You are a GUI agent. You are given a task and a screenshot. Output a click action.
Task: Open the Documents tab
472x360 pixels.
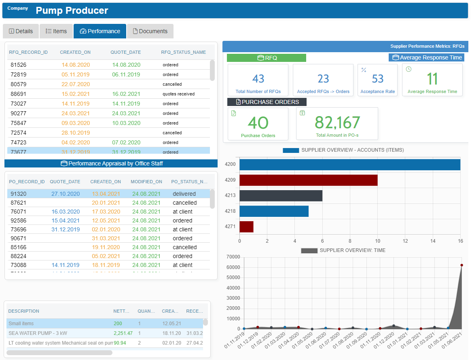pyautogui.click(x=150, y=31)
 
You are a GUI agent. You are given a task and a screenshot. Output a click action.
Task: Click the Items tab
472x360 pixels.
pyautogui.click(x=56, y=31)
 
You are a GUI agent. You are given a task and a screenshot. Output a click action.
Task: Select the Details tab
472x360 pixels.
pyautogui.click(x=21, y=31)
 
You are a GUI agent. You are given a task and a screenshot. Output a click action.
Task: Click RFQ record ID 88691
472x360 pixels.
pyautogui.click(x=19, y=94)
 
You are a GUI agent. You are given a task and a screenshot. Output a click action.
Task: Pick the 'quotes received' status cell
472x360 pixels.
pyautogui.click(x=178, y=94)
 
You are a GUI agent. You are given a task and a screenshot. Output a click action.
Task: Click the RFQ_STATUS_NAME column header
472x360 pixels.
pyautogui.click(x=183, y=52)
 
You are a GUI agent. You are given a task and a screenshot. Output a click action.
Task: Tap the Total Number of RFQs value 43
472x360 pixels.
pyautogui.click(x=258, y=78)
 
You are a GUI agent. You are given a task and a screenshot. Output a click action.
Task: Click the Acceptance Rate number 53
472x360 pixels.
pyautogui.click(x=377, y=78)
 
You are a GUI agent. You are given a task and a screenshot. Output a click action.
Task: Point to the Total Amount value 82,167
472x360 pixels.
pyautogui.click(x=337, y=123)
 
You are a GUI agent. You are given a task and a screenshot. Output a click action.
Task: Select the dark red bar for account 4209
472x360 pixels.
pyautogui.click(x=308, y=180)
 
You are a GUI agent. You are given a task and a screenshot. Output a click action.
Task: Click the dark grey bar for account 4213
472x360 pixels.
pyautogui.click(x=281, y=196)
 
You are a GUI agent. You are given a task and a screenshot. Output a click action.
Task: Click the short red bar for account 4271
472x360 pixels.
pyautogui.click(x=246, y=227)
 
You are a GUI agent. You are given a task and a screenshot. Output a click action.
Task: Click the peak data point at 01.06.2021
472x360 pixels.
pyautogui.click(x=461, y=265)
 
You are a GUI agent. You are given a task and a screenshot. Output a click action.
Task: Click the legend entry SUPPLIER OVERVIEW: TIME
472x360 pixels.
pyautogui.click(x=343, y=250)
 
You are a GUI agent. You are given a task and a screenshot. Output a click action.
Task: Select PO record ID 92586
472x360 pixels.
pyautogui.click(x=19, y=220)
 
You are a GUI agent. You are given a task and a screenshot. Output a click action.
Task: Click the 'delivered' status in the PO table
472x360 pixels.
pyautogui.click(x=184, y=194)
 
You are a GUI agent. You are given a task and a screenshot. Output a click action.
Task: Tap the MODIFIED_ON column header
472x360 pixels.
pyautogui.click(x=146, y=182)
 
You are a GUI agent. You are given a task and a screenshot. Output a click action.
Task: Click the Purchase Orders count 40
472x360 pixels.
pyautogui.click(x=258, y=123)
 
